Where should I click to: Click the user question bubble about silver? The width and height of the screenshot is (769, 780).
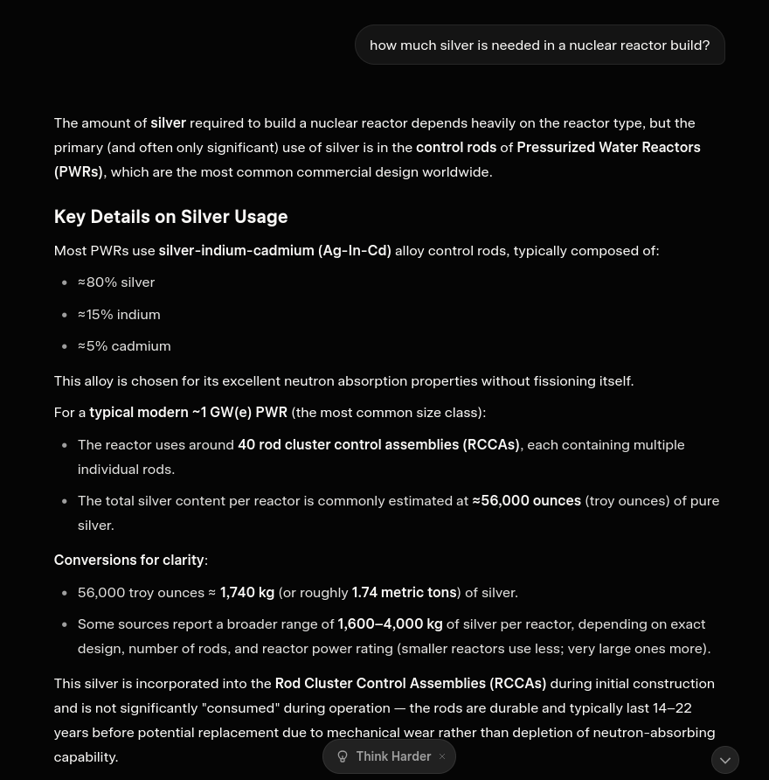pyautogui.click(x=539, y=45)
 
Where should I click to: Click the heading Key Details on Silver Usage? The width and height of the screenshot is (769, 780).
pyautogui.click(x=170, y=217)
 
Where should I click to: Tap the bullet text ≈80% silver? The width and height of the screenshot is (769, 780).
pyautogui.click(x=116, y=282)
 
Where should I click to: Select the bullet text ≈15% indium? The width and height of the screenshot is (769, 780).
pyautogui.click(x=119, y=314)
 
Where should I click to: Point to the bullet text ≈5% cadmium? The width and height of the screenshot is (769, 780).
pyautogui.click(x=124, y=346)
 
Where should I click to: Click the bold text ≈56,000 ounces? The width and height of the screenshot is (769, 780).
pyautogui.click(x=527, y=501)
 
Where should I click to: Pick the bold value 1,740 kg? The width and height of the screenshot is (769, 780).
pyautogui.click(x=247, y=593)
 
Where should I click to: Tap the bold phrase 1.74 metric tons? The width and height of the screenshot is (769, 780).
pyautogui.click(x=404, y=593)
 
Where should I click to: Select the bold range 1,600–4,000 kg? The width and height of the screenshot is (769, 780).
pyautogui.click(x=390, y=624)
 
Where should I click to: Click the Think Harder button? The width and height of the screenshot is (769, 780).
pyautogui.click(x=393, y=756)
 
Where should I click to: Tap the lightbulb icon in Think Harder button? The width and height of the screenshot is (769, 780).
pyautogui.click(x=343, y=756)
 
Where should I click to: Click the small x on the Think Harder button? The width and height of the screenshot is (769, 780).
pyautogui.click(x=442, y=756)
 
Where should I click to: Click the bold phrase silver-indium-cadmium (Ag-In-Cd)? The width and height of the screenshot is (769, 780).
pyautogui.click(x=274, y=251)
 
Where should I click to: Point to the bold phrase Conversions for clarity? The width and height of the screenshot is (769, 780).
pyautogui.click(x=128, y=561)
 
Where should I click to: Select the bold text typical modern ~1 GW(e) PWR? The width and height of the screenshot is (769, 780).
pyautogui.click(x=188, y=413)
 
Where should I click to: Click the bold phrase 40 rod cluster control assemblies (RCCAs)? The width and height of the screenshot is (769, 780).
pyautogui.click(x=378, y=445)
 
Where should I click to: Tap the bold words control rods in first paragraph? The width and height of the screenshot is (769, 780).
pyautogui.click(x=456, y=148)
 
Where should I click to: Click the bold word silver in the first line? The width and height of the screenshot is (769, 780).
pyautogui.click(x=168, y=123)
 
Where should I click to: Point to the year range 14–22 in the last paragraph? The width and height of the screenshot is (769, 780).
pyautogui.click(x=672, y=708)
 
